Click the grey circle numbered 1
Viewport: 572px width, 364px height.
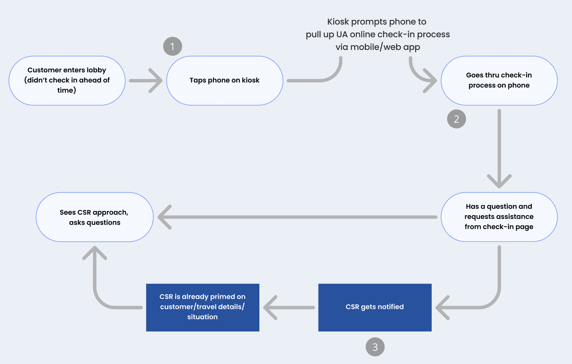pyautogui.click(x=173, y=46)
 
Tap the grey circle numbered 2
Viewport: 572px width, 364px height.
pyautogui.click(x=457, y=119)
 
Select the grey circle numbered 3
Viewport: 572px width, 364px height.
pyautogui.click(x=375, y=347)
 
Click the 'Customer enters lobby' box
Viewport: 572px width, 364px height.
pyautogui.click(x=67, y=80)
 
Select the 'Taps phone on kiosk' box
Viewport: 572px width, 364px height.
pyautogui.click(x=225, y=80)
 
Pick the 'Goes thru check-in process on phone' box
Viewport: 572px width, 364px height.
pyautogui.click(x=499, y=80)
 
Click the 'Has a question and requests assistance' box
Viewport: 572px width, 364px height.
pyautogui.click(x=499, y=217)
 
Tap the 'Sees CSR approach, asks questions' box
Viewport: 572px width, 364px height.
pyautogui.click(x=95, y=217)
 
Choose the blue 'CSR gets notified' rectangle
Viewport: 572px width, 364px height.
pyautogui.click(x=375, y=307)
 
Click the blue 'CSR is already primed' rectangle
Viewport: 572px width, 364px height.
pyautogui.click(x=203, y=307)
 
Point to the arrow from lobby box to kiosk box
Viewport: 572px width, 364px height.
pyautogui.click(x=146, y=80)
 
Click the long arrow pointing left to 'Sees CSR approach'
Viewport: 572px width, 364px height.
pyautogui.click(x=297, y=217)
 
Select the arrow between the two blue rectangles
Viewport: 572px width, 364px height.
pyautogui.click(x=289, y=307)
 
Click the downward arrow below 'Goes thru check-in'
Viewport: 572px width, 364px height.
pyautogui.click(x=499, y=149)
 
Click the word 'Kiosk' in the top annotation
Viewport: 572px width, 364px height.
pyautogui.click(x=338, y=22)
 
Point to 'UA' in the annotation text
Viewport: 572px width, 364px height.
pyautogui.click(x=342, y=35)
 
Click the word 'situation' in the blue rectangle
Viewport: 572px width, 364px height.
pyautogui.click(x=202, y=317)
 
